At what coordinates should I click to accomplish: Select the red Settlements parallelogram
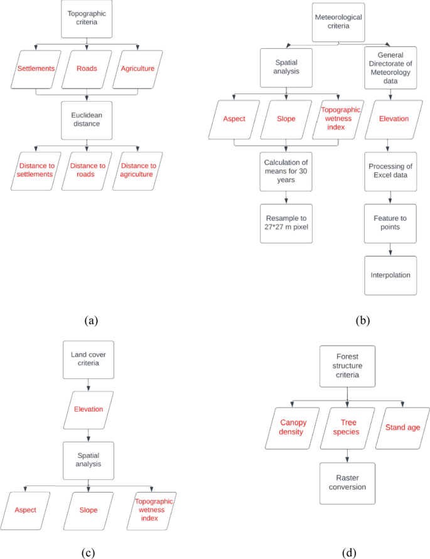click(35, 68)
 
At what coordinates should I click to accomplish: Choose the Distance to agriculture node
click(137, 170)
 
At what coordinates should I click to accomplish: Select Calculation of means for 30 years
click(287, 171)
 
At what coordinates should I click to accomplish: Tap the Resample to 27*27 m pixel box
click(287, 221)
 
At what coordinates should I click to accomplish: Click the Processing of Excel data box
click(391, 170)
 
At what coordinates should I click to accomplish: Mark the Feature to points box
click(391, 222)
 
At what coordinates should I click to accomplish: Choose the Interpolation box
click(391, 275)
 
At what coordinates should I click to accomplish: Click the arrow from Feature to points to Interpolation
click(391, 250)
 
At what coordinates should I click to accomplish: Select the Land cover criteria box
click(88, 359)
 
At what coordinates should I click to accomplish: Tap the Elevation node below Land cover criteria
click(88, 409)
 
